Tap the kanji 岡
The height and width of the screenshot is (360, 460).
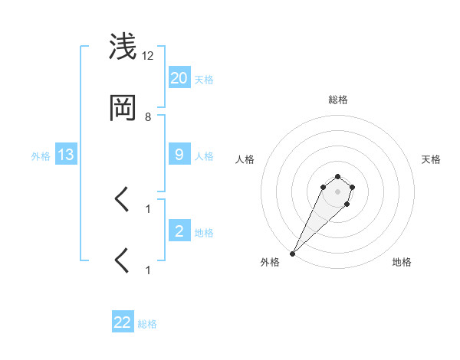(x=123, y=110)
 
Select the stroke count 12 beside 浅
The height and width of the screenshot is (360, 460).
(x=148, y=56)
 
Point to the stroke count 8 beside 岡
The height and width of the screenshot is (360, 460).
(x=148, y=117)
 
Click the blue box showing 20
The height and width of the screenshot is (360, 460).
(x=179, y=78)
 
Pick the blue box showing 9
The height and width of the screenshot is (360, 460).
(x=179, y=155)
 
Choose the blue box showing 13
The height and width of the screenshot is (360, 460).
(x=66, y=155)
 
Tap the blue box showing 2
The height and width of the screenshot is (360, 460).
(x=179, y=231)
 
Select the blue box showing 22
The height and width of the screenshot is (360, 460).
(x=123, y=322)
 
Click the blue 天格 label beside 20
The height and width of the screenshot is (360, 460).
(x=204, y=80)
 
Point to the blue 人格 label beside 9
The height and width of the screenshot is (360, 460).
(x=204, y=156)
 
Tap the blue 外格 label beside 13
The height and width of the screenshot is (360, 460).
(x=41, y=156)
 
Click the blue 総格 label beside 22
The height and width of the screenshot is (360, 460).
(x=148, y=324)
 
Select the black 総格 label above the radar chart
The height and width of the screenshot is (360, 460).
(x=337, y=100)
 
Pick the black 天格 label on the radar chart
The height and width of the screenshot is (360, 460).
(x=431, y=159)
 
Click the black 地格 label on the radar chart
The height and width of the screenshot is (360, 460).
(x=402, y=262)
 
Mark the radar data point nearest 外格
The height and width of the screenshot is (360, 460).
(x=292, y=254)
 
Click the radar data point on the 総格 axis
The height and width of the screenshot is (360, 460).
(x=337, y=176)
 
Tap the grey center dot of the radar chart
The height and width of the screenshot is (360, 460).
(x=337, y=191)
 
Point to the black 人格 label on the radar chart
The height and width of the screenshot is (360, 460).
(x=245, y=159)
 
